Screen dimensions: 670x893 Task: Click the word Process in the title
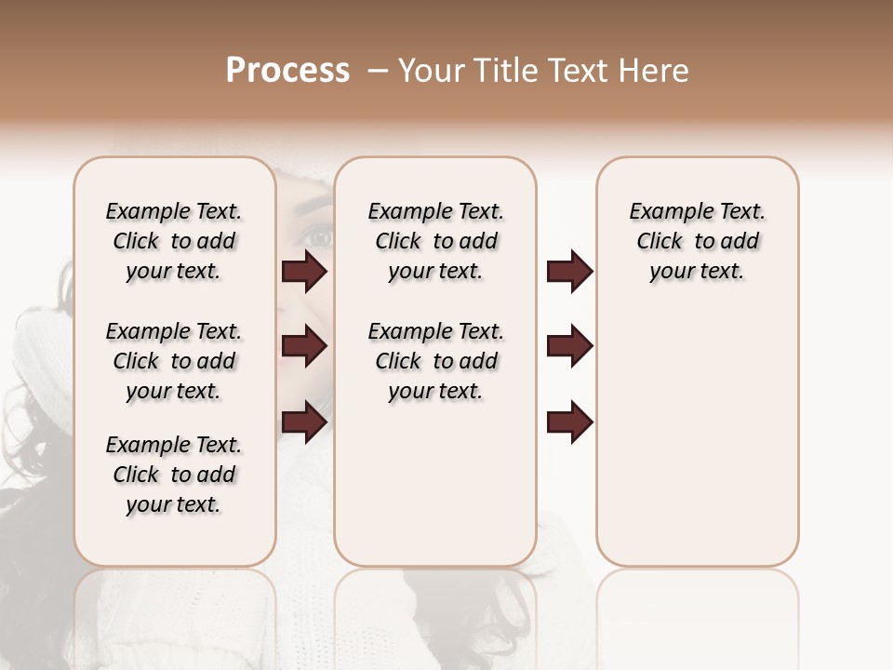pyautogui.click(x=287, y=71)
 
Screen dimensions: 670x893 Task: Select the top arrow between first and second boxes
pyautogui.click(x=304, y=272)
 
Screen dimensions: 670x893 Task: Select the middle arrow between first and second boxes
pyautogui.click(x=304, y=346)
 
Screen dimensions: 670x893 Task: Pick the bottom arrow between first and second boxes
pyautogui.click(x=304, y=422)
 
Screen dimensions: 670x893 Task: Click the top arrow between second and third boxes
pyautogui.click(x=569, y=272)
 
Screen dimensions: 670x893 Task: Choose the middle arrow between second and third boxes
pyautogui.click(x=569, y=346)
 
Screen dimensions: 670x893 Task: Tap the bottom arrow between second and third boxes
pyautogui.click(x=569, y=422)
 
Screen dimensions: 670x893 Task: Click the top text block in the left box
pyautogui.click(x=174, y=241)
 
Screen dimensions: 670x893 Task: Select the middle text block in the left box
pyautogui.click(x=174, y=361)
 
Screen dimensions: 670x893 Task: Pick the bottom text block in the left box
pyautogui.click(x=174, y=475)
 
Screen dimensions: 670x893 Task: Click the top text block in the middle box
pyautogui.click(x=435, y=241)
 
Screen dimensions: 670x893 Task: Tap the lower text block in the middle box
pyautogui.click(x=435, y=361)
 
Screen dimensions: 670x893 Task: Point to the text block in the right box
pyautogui.click(x=697, y=241)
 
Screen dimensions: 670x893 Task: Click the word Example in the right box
pyautogui.click(x=664, y=212)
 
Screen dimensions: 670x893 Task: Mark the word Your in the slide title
pyautogui.click(x=428, y=71)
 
